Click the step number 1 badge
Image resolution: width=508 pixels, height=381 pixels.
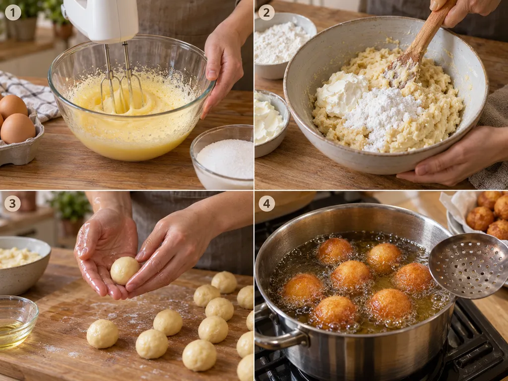13,12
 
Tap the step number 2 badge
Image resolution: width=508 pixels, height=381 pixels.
266,12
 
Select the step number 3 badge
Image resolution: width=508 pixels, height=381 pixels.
12,203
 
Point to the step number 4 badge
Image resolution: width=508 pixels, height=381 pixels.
266,203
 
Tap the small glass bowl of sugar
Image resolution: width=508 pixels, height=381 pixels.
224,157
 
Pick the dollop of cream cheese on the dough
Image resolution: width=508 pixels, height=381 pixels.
342,93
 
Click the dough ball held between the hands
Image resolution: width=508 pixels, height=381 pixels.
125,270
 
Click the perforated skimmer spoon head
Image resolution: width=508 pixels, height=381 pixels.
470,266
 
